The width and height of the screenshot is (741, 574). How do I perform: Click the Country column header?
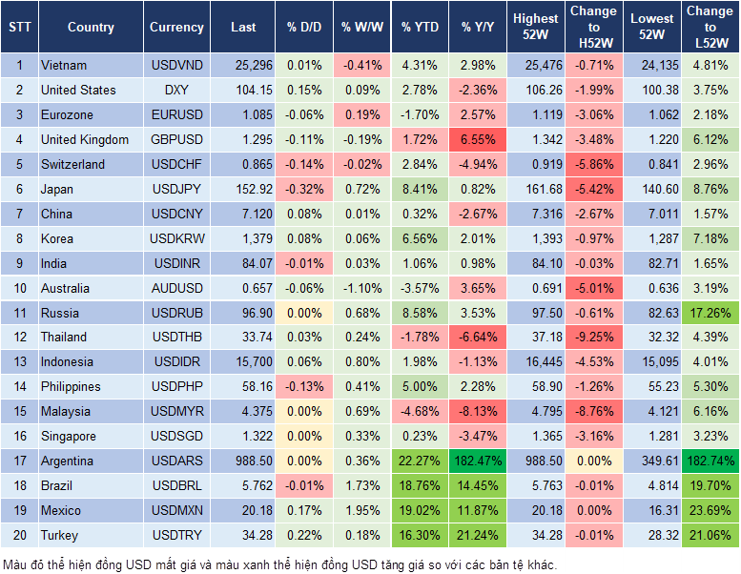pyautogui.click(x=91, y=27)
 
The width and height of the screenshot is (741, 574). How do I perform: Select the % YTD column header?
pyautogui.click(x=420, y=27)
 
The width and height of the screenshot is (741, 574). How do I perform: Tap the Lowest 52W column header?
pyautogui.click(x=653, y=27)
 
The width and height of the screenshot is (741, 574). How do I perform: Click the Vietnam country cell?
pyautogui.click(x=65, y=66)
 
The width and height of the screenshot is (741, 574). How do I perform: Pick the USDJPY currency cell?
pyautogui.click(x=176, y=190)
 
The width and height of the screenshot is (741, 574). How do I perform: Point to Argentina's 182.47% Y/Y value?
pyautogui.click(x=479, y=461)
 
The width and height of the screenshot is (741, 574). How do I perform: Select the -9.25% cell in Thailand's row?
pyautogui.click(x=593, y=338)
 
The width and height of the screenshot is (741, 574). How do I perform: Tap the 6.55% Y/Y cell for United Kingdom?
pyautogui.click(x=479, y=140)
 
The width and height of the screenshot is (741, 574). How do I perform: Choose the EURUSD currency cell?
pyautogui.click(x=176, y=115)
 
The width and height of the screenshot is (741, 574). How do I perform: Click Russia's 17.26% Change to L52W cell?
pyautogui.click(x=710, y=313)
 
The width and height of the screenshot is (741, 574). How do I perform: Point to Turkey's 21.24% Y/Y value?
pyautogui.click(x=479, y=536)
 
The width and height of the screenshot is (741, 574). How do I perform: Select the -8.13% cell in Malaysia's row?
pyautogui.click(x=479, y=412)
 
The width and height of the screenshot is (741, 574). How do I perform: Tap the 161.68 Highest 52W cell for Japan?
pyautogui.click(x=536, y=190)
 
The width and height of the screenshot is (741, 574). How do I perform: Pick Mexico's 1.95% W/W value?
pyautogui.click(x=361, y=511)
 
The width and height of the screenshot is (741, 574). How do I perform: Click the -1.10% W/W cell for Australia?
pyautogui.click(x=361, y=288)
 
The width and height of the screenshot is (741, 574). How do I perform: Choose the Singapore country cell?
pyautogui.click(x=69, y=437)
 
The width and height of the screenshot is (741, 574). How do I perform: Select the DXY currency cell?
pyautogui.click(x=176, y=91)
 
